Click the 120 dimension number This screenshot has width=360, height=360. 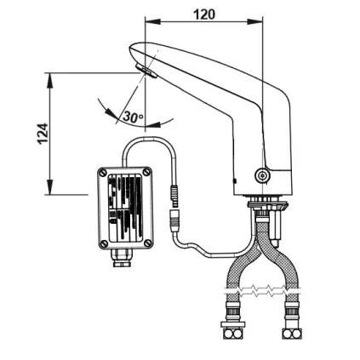(204, 14)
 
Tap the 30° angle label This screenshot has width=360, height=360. (134, 117)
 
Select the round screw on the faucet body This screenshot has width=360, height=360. (263, 176)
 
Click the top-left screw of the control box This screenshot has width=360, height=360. (104, 173)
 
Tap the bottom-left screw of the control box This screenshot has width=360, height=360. (104, 244)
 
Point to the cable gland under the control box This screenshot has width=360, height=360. (120, 259)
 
